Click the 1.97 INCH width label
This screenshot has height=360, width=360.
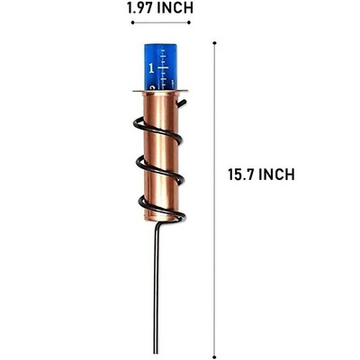tap(160, 8)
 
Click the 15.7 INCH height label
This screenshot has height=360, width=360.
tap(261, 175)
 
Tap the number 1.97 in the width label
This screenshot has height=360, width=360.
tap(140, 8)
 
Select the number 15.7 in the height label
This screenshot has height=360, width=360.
tap(241, 175)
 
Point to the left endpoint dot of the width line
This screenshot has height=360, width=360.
tap(132, 22)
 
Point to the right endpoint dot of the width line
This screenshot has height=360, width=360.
tap(189, 22)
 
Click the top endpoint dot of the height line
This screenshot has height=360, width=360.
tap(214, 43)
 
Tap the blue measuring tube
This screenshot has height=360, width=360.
tap(160, 67)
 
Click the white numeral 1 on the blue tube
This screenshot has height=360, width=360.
tap(151, 68)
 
